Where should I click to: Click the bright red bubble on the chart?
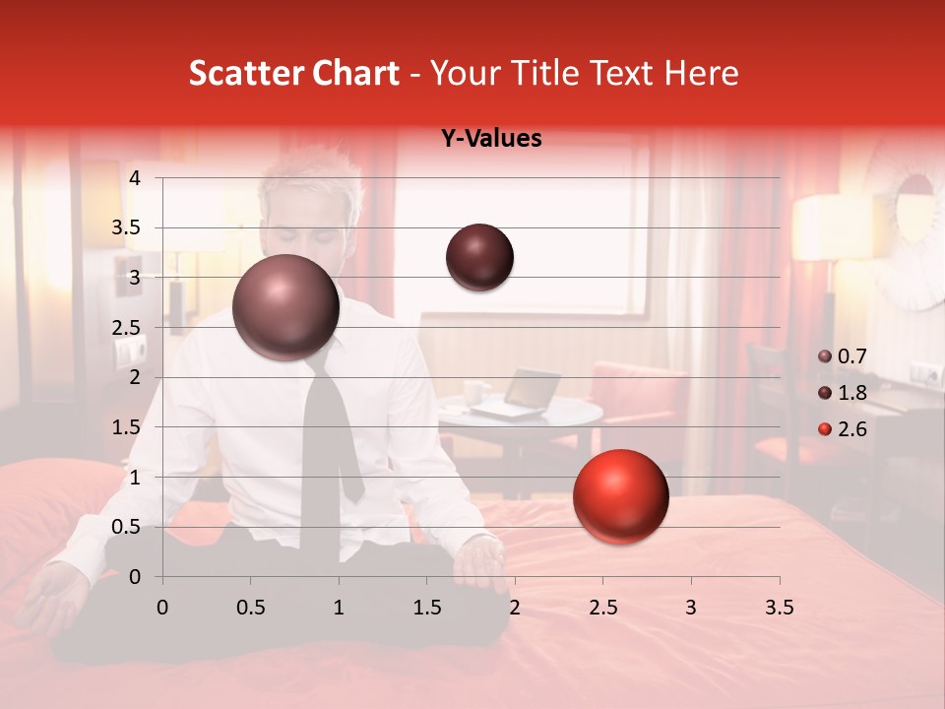[620, 496]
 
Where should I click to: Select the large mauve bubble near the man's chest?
[285, 307]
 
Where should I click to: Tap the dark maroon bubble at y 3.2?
[479, 257]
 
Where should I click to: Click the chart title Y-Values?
[491, 139]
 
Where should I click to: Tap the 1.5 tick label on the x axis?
[426, 608]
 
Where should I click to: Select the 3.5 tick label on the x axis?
[779, 608]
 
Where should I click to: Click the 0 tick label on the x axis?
[162, 608]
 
